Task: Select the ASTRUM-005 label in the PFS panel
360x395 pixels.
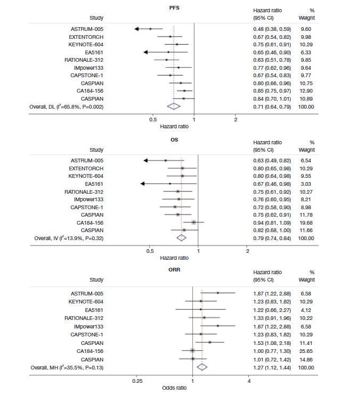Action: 86,29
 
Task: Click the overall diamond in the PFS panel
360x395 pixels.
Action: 174,106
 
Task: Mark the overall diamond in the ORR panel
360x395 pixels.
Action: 202,366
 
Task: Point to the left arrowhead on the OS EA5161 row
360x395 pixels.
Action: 143,184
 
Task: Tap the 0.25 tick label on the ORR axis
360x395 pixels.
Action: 137,381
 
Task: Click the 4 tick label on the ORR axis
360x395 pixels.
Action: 249,381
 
